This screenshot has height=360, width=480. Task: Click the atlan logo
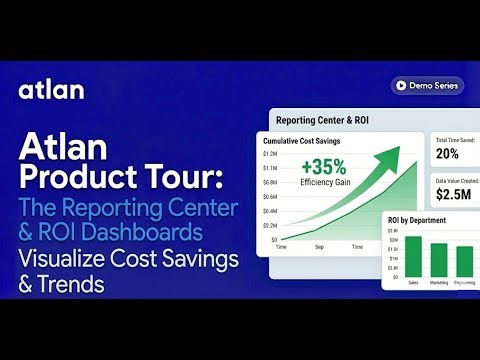(51, 90)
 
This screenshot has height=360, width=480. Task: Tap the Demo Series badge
(427, 87)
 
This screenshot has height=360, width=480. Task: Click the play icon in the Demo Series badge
(400, 87)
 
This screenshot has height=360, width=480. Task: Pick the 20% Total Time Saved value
(447, 153)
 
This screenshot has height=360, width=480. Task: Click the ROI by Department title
(417, 221)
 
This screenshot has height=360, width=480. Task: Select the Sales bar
(413, 255)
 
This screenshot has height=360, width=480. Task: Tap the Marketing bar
(439, 259)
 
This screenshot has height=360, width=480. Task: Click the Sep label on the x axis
(319, 246)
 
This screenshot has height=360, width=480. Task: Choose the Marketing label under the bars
(439, 281)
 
